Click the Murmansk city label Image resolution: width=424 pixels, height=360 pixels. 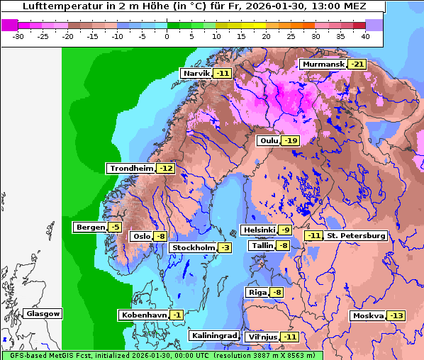(x=323, y=64)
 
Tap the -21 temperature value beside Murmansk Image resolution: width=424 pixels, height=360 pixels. (x=357, y=64)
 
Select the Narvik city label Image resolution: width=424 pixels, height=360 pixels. (x=196, y=74)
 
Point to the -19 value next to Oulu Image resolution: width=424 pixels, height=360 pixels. (x=290, y=141)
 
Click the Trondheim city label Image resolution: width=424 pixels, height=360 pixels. (x=130, y=169)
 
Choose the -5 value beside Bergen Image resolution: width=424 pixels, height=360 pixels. (x=115, y=227)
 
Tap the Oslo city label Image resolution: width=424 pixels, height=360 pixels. (x=142, y=237)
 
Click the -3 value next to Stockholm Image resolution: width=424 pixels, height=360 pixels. (x=224, y=247)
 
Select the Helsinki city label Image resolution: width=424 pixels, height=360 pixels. (x=259, y=230)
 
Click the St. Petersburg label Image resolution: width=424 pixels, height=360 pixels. (x=356, y=236)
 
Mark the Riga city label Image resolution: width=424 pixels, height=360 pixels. (x=257, y=293)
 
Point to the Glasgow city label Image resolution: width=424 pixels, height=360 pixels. (x=43, y=314)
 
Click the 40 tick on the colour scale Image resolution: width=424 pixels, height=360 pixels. (x=365, y=35)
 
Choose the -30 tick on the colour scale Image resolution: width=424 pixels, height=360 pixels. (x=19, y=35)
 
